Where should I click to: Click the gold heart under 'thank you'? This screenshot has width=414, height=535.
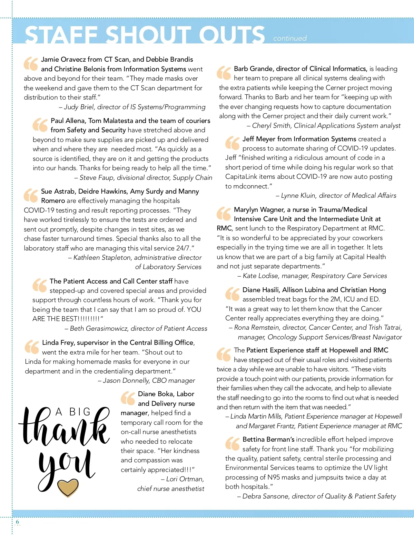68,487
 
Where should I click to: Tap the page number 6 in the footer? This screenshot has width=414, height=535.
18,522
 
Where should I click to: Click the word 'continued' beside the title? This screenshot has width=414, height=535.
290,38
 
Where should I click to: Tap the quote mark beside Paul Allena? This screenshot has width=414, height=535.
40,125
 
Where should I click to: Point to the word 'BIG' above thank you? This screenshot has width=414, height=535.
80,412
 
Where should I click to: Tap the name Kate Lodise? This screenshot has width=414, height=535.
260,276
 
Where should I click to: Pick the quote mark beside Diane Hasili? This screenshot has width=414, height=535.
232,294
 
